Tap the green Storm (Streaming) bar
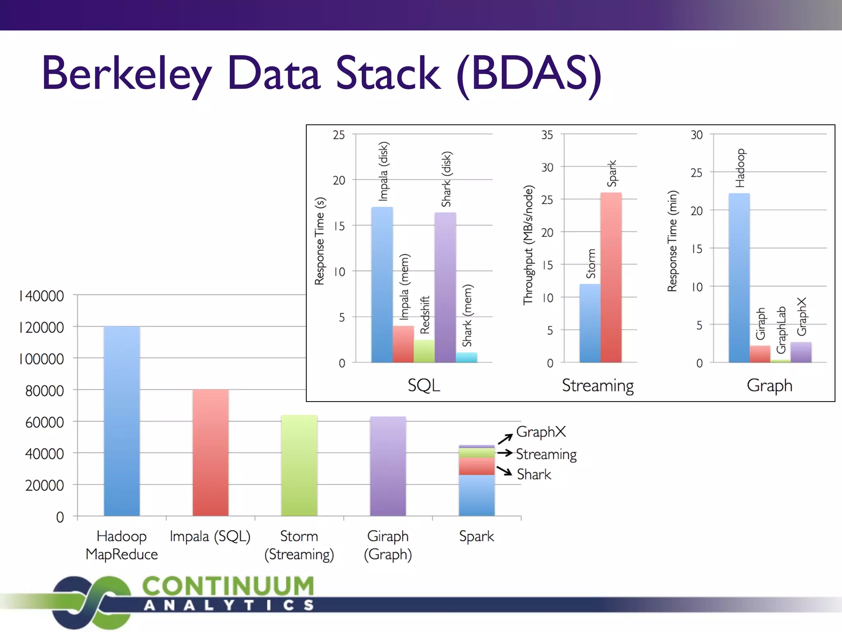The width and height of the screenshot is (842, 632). (x=299, y=465)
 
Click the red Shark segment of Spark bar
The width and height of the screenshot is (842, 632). (x=477, y=467)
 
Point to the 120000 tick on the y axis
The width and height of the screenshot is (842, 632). (x=42, y=328)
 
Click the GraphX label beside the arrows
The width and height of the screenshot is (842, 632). (x=541, y=432)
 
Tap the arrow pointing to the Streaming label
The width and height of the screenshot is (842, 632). (x=504, y=453)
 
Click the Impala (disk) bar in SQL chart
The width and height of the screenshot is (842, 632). (x=382, y=284)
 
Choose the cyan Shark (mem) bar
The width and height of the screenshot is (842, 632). (x=466, y=357)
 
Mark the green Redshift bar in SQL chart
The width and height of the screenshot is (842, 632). (x=424, y=351)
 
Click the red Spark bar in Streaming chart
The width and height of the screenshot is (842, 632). (x=611, y=278)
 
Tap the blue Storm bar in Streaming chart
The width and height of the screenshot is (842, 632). (x=590, y=323)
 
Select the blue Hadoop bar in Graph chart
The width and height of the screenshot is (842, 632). (x=739, y=278)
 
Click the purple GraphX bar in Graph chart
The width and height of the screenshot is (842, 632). (x=800, y=352)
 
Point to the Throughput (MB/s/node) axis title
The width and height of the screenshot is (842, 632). (x=528, y=245)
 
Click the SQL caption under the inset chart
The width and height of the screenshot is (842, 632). (x=424, y=386)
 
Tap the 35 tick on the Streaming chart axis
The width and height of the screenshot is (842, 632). (x=547, y=135)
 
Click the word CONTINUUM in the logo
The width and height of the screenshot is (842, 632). (x=228, y=586)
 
